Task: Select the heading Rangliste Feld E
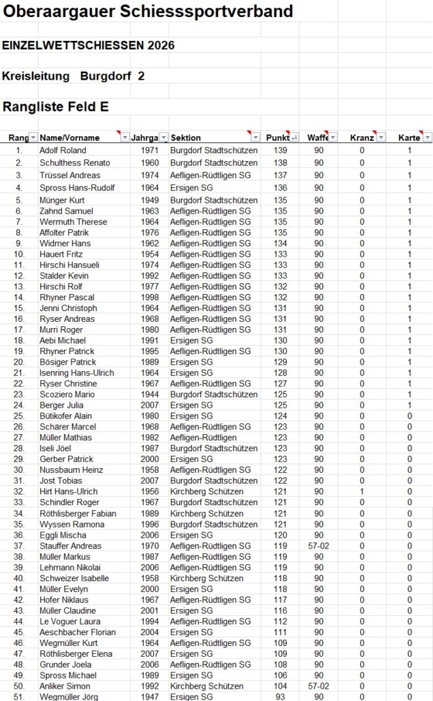click(x=56, y=107)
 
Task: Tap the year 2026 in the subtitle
click(x=161, y=46)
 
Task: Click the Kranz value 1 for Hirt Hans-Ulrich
click(x=362, y=491)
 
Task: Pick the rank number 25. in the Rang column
click(x=19, y=416)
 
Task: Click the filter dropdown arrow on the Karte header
click(x=427, y=138)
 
